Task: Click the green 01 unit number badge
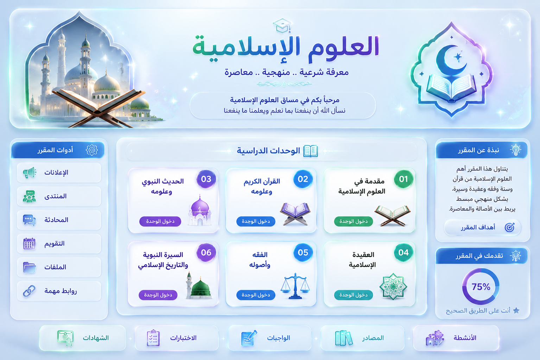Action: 403,179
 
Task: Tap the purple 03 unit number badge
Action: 206,179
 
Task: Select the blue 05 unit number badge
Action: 303,252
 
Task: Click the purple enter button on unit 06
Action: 158,295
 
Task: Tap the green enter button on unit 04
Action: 354,295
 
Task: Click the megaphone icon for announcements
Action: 30,173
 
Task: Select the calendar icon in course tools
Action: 29,244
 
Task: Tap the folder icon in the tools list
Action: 30,267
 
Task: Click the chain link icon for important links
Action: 29,291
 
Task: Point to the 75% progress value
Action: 481,287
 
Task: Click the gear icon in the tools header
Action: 92,150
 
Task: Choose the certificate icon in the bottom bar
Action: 65,338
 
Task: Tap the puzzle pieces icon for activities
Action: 435,338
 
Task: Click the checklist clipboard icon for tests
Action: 153,338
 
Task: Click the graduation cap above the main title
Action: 282,26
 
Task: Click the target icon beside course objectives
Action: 510,227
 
